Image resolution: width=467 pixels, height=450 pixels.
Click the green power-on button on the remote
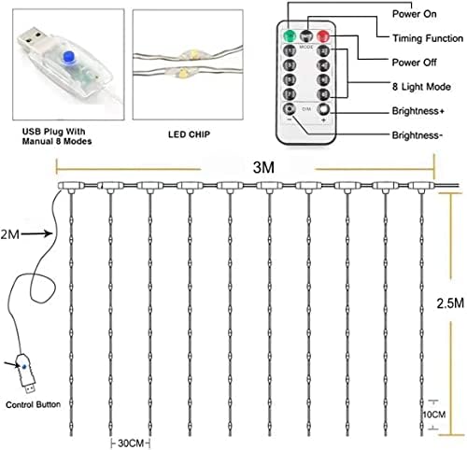[290, 36]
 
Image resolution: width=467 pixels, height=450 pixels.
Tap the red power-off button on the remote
[323, 36]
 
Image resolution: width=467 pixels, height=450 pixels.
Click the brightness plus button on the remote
[323, 109]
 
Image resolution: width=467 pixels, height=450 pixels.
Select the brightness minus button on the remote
[290, 109]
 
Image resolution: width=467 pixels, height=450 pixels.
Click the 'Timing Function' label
[428, 38]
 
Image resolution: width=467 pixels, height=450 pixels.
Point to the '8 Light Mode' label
[421, 87]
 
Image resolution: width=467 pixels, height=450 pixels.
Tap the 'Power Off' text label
[414, 63]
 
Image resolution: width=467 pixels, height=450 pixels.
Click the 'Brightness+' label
[417, 111]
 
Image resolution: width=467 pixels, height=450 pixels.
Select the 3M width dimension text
[263, 167]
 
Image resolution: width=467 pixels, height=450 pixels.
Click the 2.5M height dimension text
[450, 303]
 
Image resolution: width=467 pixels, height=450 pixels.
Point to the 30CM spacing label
[131, 443]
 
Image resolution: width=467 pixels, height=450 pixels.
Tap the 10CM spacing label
[434, 415]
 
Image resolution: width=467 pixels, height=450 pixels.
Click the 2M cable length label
[10, 234]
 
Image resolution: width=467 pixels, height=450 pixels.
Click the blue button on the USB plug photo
[68, 57]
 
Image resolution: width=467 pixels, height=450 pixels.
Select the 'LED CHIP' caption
[190, 134]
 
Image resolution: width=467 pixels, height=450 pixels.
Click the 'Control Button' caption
[33, 404]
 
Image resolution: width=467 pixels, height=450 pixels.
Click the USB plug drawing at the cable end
[26, 373]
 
